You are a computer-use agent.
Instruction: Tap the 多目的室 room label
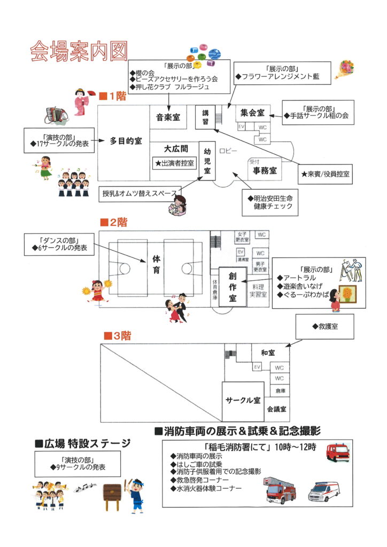click(x=126, y=142)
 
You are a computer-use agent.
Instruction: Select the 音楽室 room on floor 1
click(x=168, y=118)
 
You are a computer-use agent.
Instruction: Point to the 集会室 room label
click(x=252, y=113)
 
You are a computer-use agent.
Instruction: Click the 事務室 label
click(x=265, y=170)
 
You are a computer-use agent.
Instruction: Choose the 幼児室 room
click(x=207, y=161)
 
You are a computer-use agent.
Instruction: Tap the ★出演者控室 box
click(x=175, y=163)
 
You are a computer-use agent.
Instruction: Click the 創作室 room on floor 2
click(x=233, y=286)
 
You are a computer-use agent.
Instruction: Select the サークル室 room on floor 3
click(x=243, y=400)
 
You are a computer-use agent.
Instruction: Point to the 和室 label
click(x=268, y=353)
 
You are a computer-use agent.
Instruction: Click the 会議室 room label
click(x=277, y=409)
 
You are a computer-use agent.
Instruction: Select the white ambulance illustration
click(x=324, y=491)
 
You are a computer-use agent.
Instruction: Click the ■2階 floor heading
click(x=115, y=222)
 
